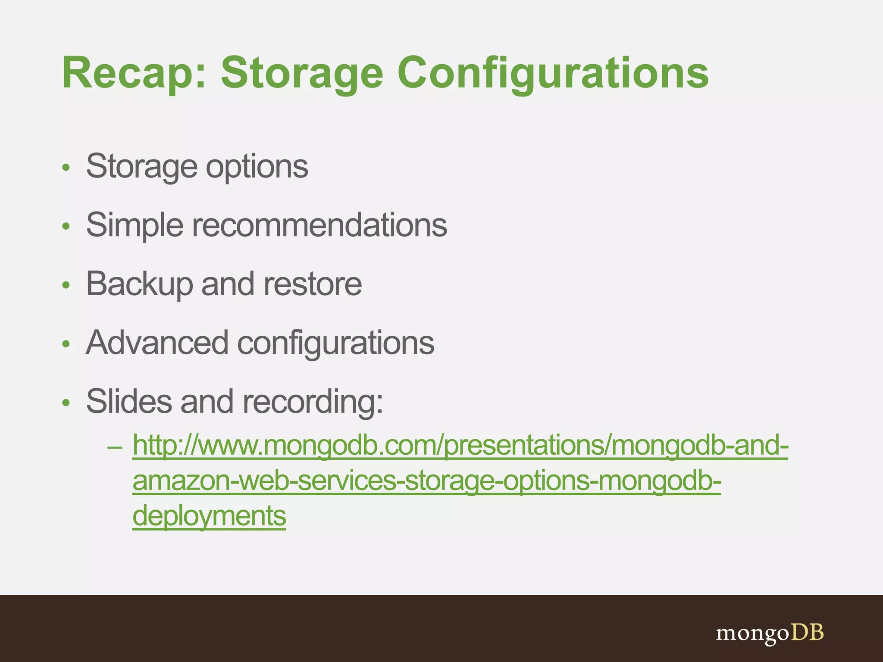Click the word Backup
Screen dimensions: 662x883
pos(139,284)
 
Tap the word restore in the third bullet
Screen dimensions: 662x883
pos(313,284)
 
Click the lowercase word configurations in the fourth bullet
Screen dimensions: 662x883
pos(335,343)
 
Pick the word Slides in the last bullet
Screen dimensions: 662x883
pos(129,402)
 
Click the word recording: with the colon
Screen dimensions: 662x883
pos(313,402)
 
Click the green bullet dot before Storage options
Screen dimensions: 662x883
pos(66,168)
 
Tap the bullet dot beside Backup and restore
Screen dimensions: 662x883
pos(66,285)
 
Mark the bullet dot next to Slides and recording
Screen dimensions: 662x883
pos(66,403)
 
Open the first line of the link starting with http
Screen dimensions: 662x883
pos(460,446)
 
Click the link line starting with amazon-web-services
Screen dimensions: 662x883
pos(426,481)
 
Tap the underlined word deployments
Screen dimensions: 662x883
pos(209,516)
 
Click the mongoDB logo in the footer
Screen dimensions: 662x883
pos(770,633)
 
